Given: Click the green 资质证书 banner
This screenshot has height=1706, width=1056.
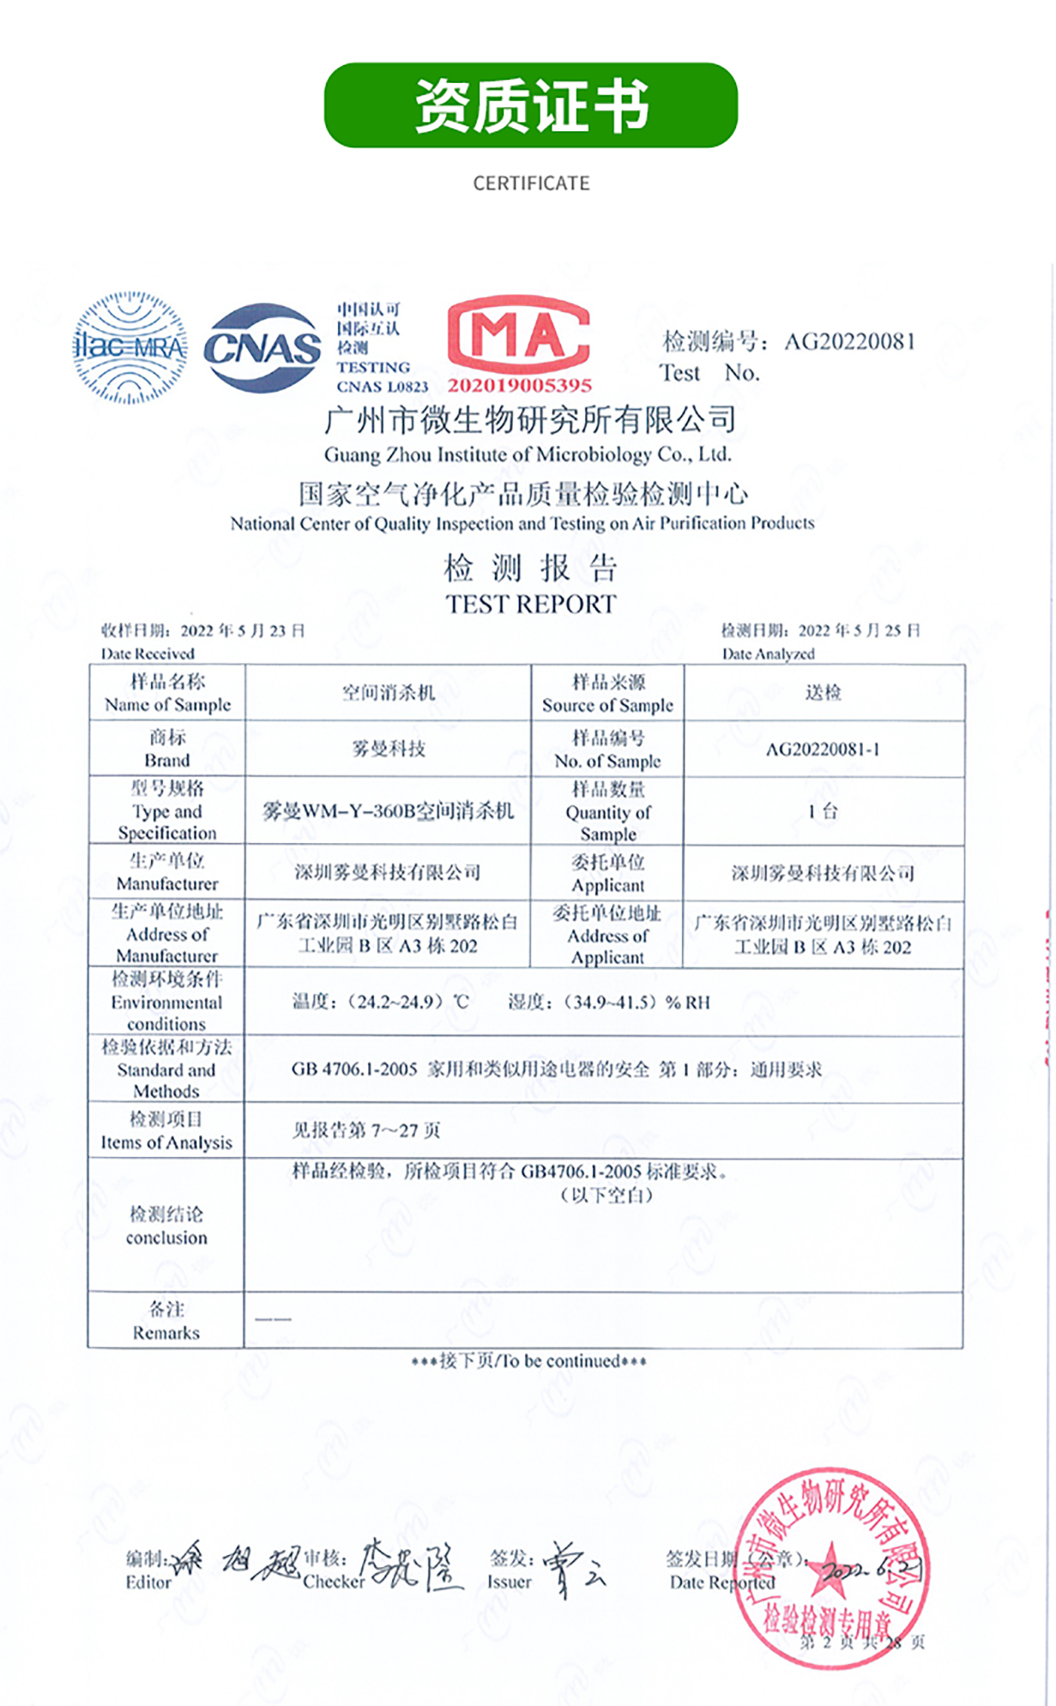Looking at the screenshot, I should tap(530, 105).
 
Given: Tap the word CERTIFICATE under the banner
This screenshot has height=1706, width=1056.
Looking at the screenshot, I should tap(531, 183).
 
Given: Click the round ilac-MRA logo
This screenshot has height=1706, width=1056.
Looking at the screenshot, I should tap(130, 348).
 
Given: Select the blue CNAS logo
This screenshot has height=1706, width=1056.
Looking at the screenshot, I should tap(262, 348).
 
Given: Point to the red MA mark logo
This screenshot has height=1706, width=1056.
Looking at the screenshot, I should tap(518, 334).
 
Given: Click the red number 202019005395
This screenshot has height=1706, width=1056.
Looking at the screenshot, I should tap(520, 385).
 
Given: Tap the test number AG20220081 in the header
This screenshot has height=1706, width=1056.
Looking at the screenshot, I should tap(849, 342).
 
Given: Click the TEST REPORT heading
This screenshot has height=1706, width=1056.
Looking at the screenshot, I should tap(530, 604).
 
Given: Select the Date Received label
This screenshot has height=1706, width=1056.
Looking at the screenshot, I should tap(148, 653).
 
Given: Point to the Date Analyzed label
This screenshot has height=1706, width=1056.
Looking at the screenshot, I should tap(768, 653).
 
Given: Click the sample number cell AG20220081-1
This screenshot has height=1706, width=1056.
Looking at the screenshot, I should tap(822, 749).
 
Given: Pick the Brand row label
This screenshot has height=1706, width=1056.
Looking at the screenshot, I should tap(167, 748).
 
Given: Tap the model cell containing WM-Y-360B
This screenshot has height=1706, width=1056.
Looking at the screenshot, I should tap(388, 811).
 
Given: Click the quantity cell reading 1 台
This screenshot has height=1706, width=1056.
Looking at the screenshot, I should tap(822, 812).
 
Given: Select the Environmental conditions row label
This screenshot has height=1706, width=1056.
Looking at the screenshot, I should tap(166, 1002).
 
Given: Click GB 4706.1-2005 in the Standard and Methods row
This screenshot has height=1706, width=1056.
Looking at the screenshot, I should tap(355, 1069).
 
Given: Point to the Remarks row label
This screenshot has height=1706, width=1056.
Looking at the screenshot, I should tap(166, 1321).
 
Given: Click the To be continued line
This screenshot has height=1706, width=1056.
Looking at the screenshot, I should tap(529, 1361).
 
